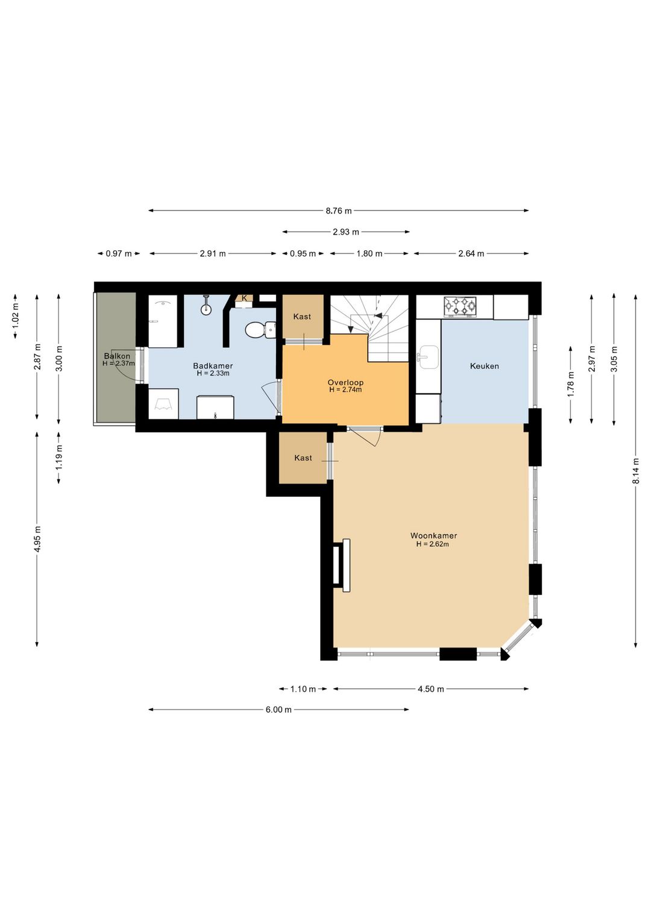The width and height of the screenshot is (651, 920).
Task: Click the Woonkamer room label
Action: [x=433, y=535]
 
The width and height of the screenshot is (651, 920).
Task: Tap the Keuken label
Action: [x=484, y=366]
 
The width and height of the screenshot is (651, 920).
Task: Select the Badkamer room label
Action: [x=213, y=365]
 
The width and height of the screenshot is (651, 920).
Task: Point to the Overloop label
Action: [x=345, y=382]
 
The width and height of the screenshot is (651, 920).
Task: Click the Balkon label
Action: [x=117, y=356]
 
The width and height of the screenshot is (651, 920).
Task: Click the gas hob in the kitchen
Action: [x=459, y=307]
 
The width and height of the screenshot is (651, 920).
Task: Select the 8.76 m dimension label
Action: [x=339, y=211]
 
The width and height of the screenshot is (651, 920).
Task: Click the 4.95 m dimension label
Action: [x=37, y=539]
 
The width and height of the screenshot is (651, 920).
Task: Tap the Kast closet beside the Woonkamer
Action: [x=303, y=458]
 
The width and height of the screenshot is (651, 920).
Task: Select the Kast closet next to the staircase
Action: [x=302, y=317]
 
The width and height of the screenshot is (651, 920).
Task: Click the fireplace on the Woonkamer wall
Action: [x=342, y=565]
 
